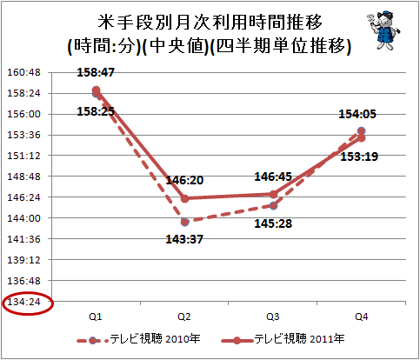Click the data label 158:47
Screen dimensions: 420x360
coord(96,72)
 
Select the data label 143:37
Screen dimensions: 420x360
coord(184,239)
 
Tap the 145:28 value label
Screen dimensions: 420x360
coord(273,223)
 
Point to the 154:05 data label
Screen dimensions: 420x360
coord(357,114)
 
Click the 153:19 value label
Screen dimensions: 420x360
coord(359,157)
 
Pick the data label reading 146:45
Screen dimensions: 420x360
coord(273,177)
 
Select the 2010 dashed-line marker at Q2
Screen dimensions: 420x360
coord(184,222)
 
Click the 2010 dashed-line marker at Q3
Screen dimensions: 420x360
coord(273,206)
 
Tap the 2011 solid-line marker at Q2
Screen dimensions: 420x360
coord(184,198)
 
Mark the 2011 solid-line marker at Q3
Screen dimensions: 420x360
coord(273,194)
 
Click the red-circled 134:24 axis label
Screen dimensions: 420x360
coord(23,302)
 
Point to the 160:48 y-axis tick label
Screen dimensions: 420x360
coord(23,72)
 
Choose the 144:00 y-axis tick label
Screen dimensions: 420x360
coord(23,218)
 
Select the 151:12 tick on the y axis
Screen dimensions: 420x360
coord(23,156)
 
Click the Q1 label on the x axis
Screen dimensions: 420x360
coord(96,317)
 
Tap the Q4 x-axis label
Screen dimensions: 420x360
coord(361,317)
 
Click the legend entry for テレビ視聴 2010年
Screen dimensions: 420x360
coord(138,339)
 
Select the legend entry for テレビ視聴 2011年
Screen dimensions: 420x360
coord(283,339)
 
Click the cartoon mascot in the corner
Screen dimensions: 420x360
coord(383,30)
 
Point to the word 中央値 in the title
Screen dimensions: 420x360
coord(177,46)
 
